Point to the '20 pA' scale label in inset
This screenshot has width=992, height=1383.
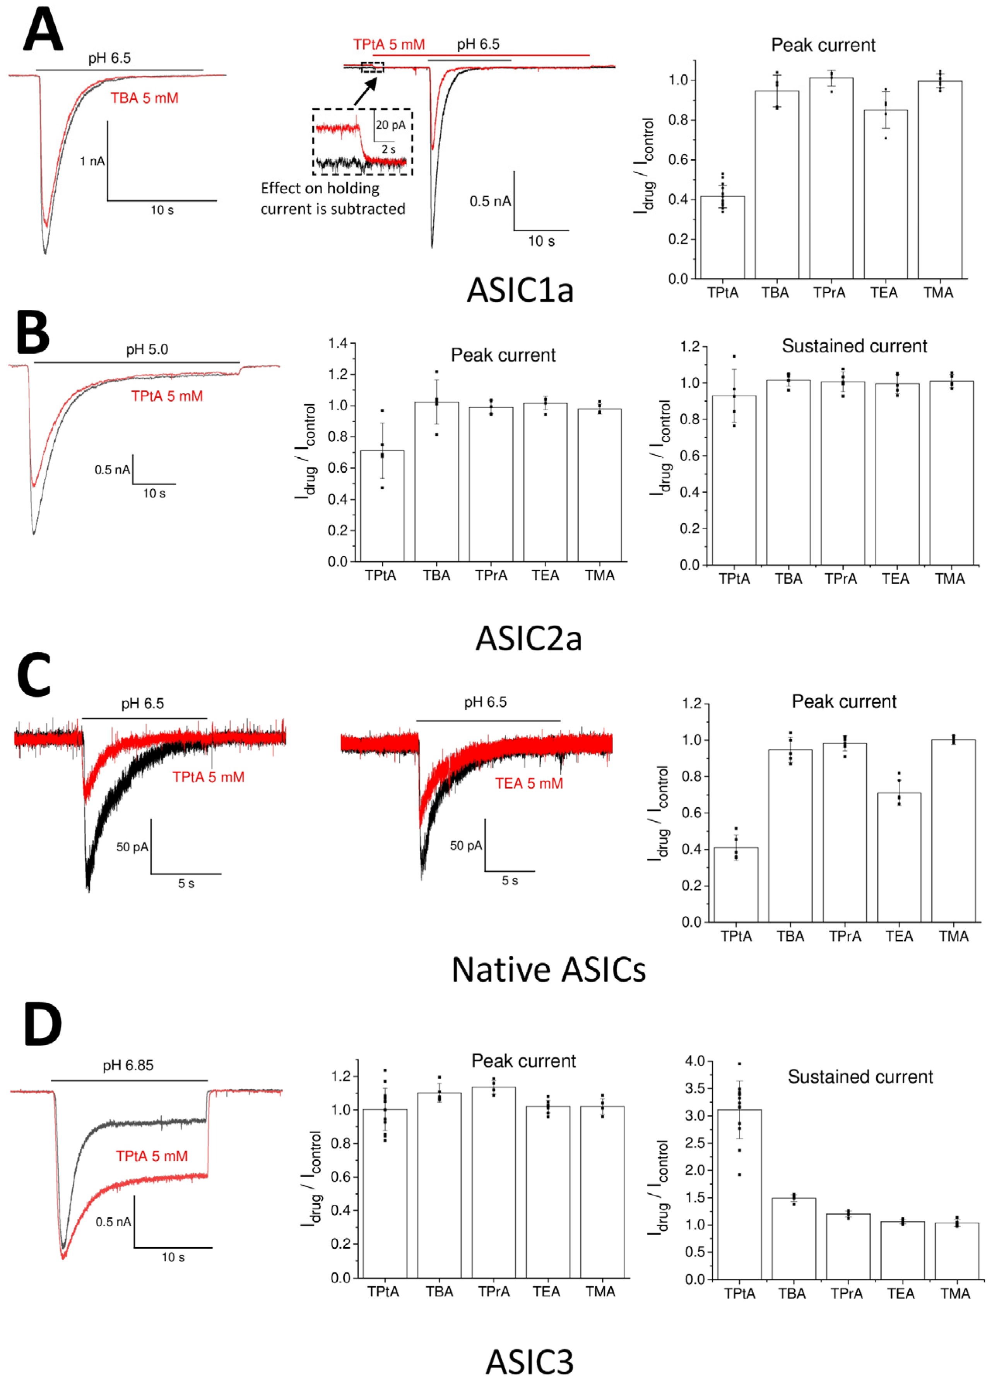pos(390,125)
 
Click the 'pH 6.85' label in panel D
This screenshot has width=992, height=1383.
pos(128,1065)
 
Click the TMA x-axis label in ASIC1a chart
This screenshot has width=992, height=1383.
pos(938,293)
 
